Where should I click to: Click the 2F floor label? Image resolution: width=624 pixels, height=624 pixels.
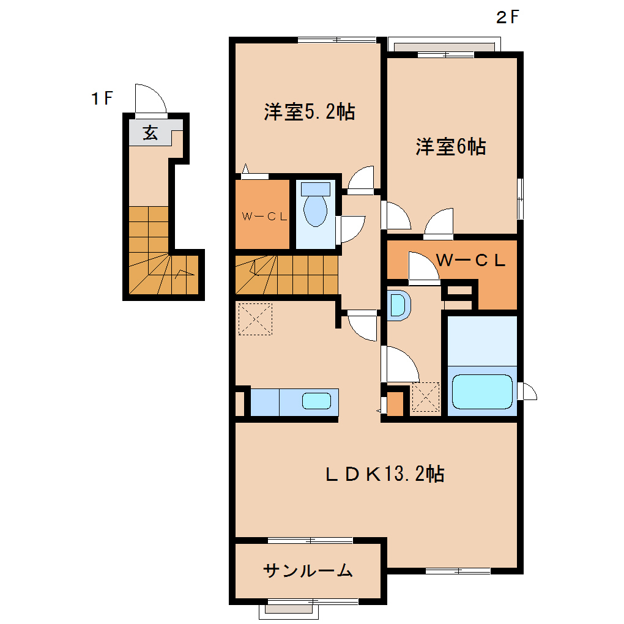507,17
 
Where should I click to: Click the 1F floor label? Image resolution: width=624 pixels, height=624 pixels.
102,98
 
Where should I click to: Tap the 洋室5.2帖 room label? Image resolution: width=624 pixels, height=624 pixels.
309,112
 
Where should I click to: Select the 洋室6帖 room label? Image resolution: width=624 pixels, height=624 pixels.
450,146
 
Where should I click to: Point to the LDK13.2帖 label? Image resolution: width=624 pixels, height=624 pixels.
385,474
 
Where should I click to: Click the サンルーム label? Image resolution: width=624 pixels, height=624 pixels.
308,571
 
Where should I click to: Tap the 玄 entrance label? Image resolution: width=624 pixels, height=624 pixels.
150,133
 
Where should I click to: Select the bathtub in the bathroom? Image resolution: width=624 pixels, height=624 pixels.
482,392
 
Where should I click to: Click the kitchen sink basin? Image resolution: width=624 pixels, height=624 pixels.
316,401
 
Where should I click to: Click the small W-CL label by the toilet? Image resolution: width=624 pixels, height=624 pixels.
264,217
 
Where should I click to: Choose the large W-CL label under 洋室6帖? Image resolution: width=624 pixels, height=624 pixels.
470,260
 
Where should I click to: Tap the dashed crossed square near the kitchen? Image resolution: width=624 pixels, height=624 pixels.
255,319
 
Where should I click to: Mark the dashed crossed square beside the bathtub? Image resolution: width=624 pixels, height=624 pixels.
425,397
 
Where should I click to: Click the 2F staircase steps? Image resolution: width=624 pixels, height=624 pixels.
286,275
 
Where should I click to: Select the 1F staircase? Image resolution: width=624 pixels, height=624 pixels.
163,251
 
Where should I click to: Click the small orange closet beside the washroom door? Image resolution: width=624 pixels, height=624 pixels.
395,403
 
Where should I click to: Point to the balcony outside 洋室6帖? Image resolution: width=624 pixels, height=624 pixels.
444,45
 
